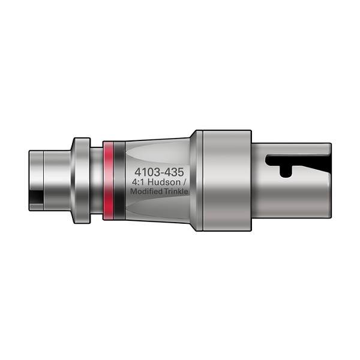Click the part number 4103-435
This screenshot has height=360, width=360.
pyautogui.click(x=158, y=170)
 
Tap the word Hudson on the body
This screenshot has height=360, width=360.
pyautogui.click(x=163, y=181)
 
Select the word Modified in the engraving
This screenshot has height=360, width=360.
pyautogui.click(x=148, y=191)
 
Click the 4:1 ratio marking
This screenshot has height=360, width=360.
pyautogui.click(x=139, y=181)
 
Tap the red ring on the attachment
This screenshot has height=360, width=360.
pyautogui.click(x=108, y=180)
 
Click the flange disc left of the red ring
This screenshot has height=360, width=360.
pyautogui.click(x=81, y=180)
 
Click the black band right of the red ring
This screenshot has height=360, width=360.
pyautogui.click(x=119, y=180)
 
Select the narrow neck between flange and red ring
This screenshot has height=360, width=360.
pyautogui.click(x=96, y=180)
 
